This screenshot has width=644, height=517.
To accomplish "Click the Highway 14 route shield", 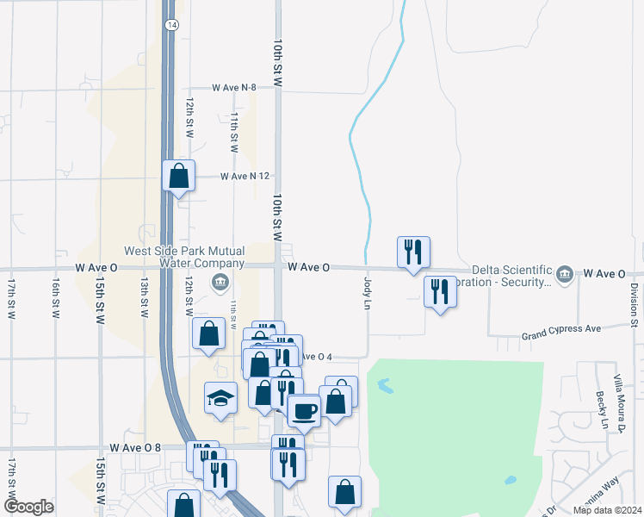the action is (x=173, y=26).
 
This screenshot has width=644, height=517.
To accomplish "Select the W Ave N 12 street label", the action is (x=245, y=176).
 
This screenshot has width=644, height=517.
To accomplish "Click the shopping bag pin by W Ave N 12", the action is (x=178, y=176).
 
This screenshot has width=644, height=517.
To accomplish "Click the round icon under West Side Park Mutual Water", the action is (x=220, y=281).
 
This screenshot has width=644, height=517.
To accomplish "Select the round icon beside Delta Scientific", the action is (x=565, y=274).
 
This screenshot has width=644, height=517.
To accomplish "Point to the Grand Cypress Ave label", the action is (x=564, y=328).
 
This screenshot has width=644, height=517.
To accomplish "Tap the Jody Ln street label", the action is (x=367, y=293).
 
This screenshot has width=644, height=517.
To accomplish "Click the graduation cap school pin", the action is (x=220, y=399).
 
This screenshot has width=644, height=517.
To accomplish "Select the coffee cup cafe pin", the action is (x=303, y=410).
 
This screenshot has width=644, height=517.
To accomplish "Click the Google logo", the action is (x=28, y=507).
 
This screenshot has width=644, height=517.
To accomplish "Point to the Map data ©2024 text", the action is (x=607, y=510).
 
